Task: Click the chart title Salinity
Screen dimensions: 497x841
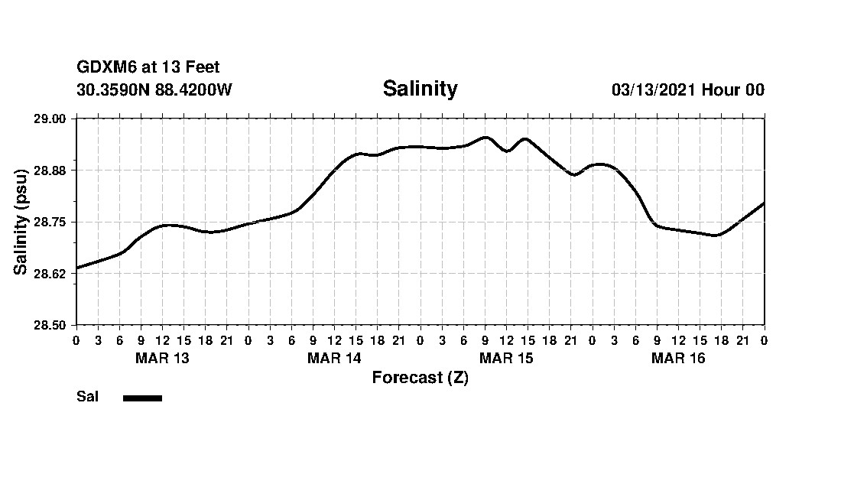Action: (420, 89)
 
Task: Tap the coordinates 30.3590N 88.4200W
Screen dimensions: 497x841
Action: (154, 90)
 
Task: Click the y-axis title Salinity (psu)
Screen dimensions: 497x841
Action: (21, 222)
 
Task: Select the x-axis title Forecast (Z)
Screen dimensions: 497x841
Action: (420, 378)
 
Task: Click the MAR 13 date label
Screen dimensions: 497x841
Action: (162, 359)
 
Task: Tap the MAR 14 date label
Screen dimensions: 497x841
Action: (334, 359)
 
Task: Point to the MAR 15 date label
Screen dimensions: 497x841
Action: (506, 359)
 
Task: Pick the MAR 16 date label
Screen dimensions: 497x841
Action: (678, 359)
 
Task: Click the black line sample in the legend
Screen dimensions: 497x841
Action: (142, 398)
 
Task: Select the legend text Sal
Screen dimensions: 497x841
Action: (87, 397)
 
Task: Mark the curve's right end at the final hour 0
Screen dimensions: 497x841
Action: (764, 203)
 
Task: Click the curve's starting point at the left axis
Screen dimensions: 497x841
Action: (77, 268)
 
